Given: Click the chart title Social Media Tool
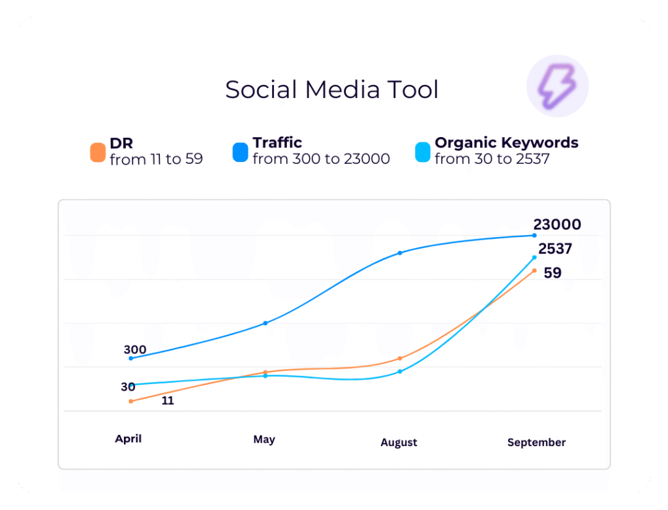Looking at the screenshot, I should [331, 89].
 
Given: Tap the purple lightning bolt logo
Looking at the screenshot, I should [557, 86].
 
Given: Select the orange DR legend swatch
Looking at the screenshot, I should [98, 152].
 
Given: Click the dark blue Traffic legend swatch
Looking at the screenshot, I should [241, 152].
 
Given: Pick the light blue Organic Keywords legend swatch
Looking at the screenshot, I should [423, 152].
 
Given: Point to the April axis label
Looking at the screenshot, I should [128, 439].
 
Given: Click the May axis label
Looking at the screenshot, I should [264, 439].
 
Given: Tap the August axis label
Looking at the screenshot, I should [399, 443].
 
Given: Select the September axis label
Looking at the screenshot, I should [536, 443].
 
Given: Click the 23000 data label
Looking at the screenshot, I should [557, 225].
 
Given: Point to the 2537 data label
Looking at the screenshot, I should [555, 249].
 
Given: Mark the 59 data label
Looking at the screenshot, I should [553, 273].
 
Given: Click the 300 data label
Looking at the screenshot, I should [135, 349].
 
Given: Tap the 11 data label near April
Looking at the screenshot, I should [168, 401].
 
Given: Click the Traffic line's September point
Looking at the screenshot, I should [534, 235].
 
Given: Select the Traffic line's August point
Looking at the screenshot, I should [400, 253].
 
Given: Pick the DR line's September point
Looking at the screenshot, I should [534, 270].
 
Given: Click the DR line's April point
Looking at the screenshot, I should [131, 401].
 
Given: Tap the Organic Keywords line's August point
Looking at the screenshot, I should [400, 372].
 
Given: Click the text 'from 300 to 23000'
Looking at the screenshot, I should [321, 159].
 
